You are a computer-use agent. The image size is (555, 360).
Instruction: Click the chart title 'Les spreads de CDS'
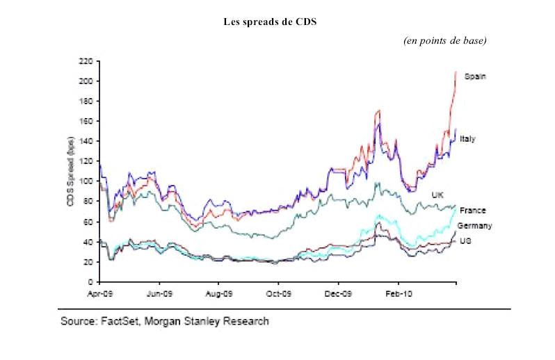[270, 22]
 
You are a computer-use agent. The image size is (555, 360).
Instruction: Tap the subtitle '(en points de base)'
[444, 41]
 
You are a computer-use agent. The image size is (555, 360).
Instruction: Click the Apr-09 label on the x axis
[100, 294]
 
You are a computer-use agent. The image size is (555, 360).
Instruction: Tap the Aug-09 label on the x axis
[219, 294]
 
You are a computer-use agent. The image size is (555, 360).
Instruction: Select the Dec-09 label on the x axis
[338, 294]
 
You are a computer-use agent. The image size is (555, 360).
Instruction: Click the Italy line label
[467, 139]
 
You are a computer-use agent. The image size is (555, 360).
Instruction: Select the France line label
[473, 210]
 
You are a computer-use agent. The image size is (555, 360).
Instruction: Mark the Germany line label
[474, 226]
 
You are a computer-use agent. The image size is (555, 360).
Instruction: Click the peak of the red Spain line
[456, 72]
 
